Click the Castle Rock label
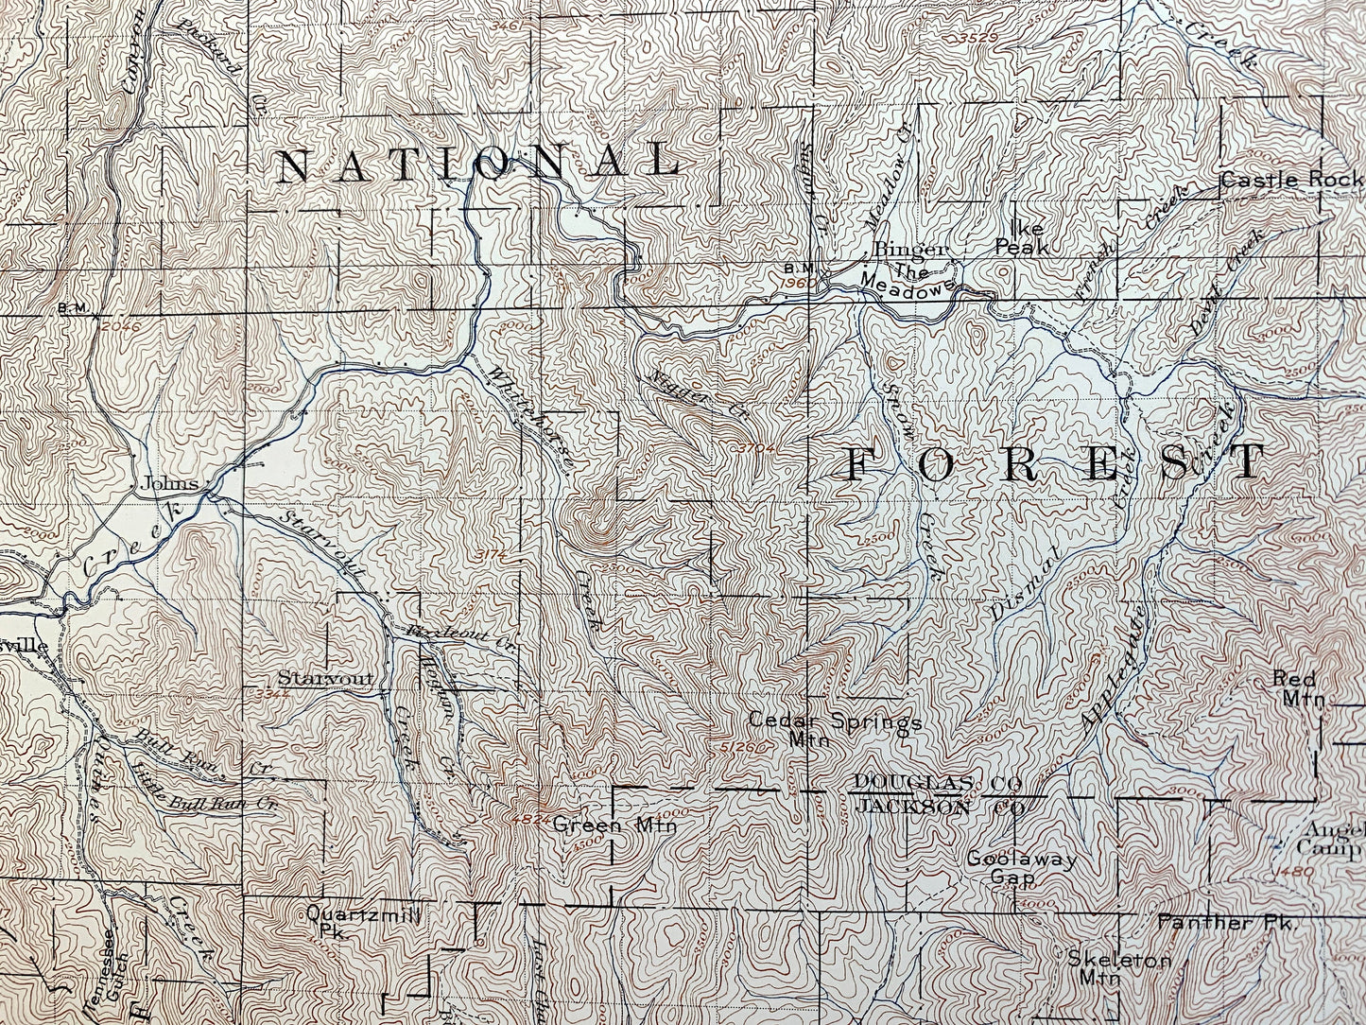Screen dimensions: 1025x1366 tap(1291, 179)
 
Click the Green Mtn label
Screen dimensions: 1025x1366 tap(614, 825)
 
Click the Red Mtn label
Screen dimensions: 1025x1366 tap(1297, 688)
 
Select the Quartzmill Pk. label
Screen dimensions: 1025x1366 tap(362, 921)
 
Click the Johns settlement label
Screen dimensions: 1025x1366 tap(169, 483)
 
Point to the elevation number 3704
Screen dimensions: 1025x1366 tap(757, 446)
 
